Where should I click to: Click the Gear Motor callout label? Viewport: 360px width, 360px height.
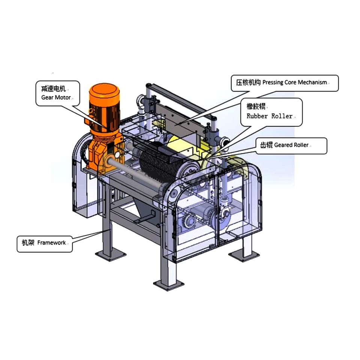pos(58,93)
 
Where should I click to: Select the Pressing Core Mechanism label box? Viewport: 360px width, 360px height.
pos(285,83)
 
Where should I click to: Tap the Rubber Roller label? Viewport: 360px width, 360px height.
pos(271,112)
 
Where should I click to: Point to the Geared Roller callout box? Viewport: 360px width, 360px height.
pos(291,146)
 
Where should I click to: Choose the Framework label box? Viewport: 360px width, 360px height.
pos(45,244)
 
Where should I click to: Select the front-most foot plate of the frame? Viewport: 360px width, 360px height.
pos(169,285)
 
